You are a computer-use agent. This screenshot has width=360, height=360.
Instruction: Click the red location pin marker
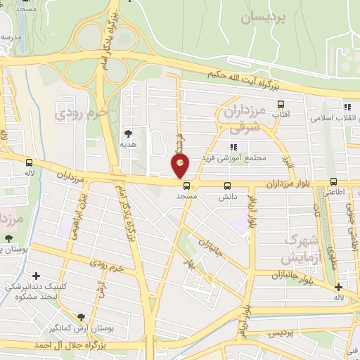(181, 165)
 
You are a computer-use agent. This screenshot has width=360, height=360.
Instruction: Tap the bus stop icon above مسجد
(187, 186)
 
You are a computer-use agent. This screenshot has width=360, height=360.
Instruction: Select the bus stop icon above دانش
(227, 186)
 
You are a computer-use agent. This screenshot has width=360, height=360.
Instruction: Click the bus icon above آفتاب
(281, 104)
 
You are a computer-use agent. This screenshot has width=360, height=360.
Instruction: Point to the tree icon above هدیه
(128, 133)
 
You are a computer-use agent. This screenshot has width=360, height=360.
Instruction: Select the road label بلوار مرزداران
(292, 184)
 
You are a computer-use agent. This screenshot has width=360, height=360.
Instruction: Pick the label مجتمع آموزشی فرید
(233, 158)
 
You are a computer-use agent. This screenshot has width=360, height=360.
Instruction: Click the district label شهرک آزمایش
(301, 247)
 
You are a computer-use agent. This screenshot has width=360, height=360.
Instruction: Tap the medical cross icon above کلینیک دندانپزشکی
(36, 276)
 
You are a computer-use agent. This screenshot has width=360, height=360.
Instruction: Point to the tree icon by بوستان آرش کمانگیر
(81, 317)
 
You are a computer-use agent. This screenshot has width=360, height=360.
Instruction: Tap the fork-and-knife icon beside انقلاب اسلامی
(347, 107)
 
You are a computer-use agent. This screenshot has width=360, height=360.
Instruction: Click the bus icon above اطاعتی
(334, 182)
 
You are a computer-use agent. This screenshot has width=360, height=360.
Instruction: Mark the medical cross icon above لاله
(339, 287)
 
